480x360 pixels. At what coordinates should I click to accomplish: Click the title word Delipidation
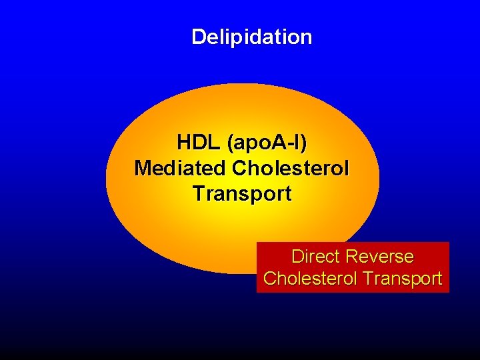(251, 37)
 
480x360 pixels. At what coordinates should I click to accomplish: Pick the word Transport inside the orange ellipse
(241, 194)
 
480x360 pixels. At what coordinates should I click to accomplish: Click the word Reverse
(381, 257)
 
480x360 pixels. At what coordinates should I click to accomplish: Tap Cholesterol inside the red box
(307, 279)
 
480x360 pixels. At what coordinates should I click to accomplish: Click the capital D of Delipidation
(198, 37)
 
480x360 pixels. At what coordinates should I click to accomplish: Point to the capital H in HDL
(183, 143)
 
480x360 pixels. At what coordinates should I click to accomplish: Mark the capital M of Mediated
(142, 168)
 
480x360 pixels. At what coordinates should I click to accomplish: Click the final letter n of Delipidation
(306, 38)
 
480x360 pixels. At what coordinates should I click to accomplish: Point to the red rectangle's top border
(353, 243)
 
